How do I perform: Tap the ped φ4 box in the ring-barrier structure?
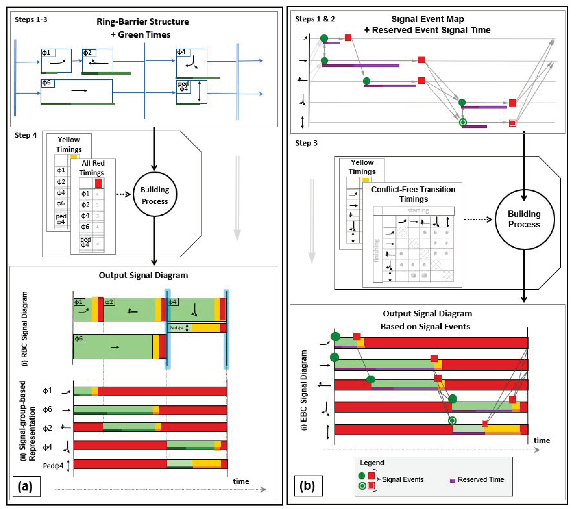pos(192,92)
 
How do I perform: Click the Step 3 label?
pos(306,143)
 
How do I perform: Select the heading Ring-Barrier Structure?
pos(143,22)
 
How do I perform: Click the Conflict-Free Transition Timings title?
pos(413,194)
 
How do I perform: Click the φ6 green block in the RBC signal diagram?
pos(113,347)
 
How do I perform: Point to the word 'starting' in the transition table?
pos(418,210)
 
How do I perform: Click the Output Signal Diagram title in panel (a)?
pos(143,275)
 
